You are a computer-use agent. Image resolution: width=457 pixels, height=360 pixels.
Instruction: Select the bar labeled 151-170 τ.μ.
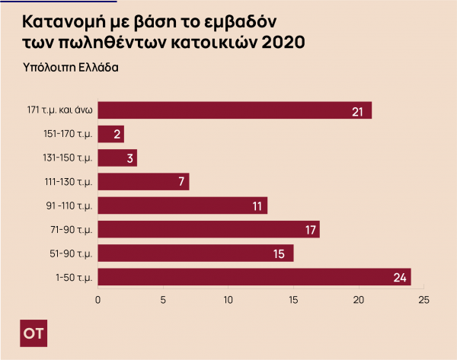point(111,135)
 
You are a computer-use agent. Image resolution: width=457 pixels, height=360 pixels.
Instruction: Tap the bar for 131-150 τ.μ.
point(117,158)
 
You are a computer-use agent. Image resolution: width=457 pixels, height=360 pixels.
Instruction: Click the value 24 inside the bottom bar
point(400,277)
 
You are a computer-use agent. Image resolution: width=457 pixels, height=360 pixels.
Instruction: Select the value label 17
point(307,230)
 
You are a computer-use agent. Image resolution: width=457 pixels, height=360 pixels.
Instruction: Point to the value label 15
point(280,253)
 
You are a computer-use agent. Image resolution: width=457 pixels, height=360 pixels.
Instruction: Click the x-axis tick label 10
point(228,300)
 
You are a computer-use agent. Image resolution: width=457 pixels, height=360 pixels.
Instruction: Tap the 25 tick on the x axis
point(424,300)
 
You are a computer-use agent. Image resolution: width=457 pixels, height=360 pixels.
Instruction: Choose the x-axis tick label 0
point(97,300)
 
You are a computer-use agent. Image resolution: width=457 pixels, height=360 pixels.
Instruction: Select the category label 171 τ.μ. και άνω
point(59,111)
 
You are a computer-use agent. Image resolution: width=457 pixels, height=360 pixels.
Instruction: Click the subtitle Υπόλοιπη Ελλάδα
point(71,66)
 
